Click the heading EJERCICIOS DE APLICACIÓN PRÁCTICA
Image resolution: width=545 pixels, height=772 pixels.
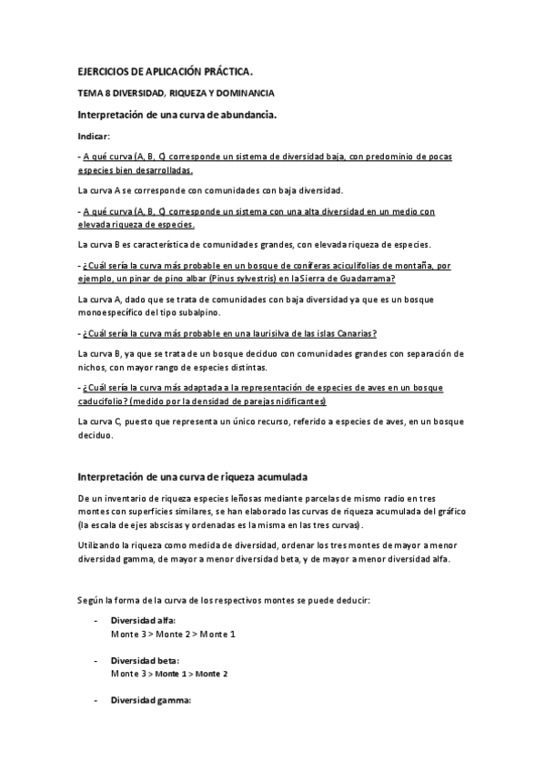[x=166, y=71]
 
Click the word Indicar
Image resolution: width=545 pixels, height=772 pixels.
[x=93, y=135]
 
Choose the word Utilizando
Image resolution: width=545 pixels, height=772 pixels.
[x=100, y=544]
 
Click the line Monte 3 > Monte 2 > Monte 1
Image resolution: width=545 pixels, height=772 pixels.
[x=172, y=633]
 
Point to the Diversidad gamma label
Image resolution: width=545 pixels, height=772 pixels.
[x=150, y=700]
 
